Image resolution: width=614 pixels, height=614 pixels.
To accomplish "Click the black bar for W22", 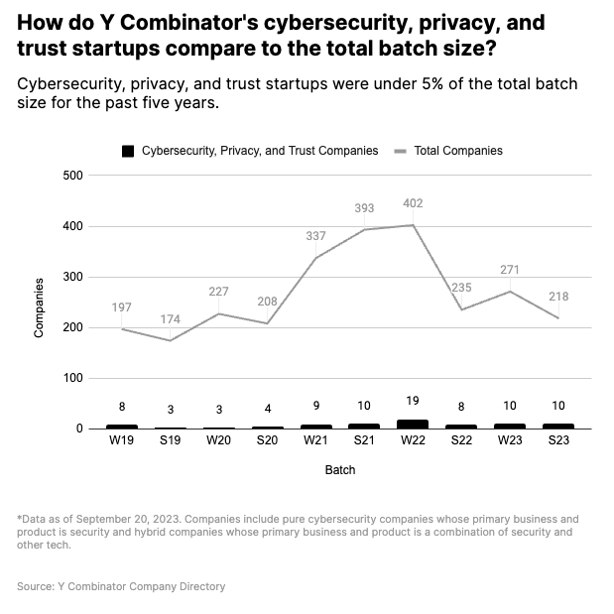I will click(x=413, y=425).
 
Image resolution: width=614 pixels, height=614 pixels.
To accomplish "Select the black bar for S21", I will click(x=364, y=427).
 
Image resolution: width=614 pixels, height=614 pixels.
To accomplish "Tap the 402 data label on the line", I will click(x=413, y=203).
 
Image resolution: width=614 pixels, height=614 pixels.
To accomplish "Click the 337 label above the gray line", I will click(x=315, y=236).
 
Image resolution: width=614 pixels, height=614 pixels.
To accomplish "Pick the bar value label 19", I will click(x=413, y=401).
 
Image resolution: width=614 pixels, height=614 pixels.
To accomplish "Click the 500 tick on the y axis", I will click(x=71, y=176).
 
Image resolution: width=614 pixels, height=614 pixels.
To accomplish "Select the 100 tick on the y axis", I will click(x=71, y=378).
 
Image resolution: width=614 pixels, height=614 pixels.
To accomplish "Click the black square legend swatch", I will click(x=127, y=151).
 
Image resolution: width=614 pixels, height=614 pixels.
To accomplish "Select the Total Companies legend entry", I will click(x=457, y=151).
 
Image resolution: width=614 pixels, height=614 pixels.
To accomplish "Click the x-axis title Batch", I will click(x=339, y=470).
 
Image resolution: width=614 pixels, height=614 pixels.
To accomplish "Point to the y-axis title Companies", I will click(x=40, y=307).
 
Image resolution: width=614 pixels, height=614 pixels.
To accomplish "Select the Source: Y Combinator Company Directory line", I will click(x=121, y=586).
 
